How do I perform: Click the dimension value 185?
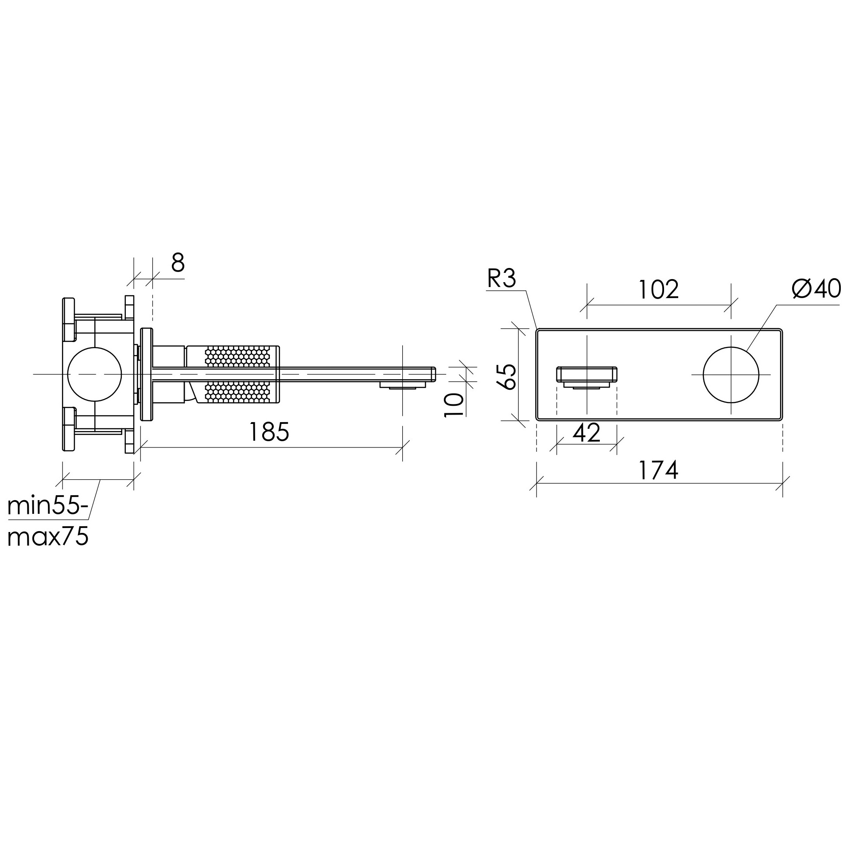pyautogui.click(x=269, y=431)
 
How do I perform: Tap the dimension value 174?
pyautogui.click(x=658, y=470)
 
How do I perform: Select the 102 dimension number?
pyautogui.click(x=658, y=289)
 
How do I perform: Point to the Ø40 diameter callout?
pyautogui.click(x=816, y=289)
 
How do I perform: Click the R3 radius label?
pyautogui.click(x=501, y=279)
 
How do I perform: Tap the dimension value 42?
pyautogui.click(x=587, y=433)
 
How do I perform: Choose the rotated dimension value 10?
pyautogui.click(x=454, y=404)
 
